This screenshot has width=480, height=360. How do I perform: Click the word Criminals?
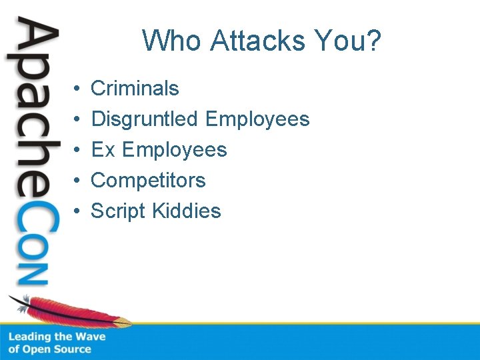(x=135, y=88)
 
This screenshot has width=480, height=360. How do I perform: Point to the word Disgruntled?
(x=145, y=119)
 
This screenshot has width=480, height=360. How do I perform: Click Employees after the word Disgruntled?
(x=257, y=119)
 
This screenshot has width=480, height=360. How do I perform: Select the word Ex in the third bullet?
(x=103, y=149)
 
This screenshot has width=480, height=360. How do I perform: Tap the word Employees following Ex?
(x=175, y=149)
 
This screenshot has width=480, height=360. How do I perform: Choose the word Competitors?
(x=148, y=180)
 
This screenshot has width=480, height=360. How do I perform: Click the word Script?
(x=118, y=211)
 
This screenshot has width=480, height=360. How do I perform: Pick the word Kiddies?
(x=186, y=211)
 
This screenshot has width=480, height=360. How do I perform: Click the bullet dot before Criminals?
(x=77, y=89)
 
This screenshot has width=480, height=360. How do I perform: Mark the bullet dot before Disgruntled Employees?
(x=77, y=119)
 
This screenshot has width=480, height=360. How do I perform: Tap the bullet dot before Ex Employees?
(x=77, y=150)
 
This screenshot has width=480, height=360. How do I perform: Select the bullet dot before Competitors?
(x=77, y=181)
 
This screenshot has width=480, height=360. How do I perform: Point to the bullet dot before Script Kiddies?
(x=77, y=211)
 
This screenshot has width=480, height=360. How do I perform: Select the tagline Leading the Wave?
(x=57, y=337)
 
